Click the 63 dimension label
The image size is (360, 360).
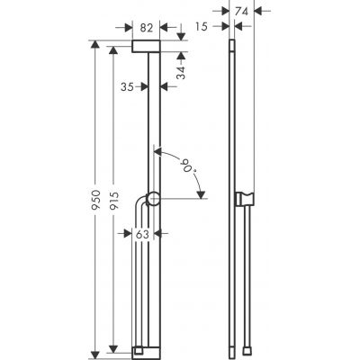point(141,234)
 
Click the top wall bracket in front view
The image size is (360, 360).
point(146,47)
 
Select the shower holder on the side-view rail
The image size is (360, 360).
point(240,200)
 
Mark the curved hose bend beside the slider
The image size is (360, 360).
point(139,204)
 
